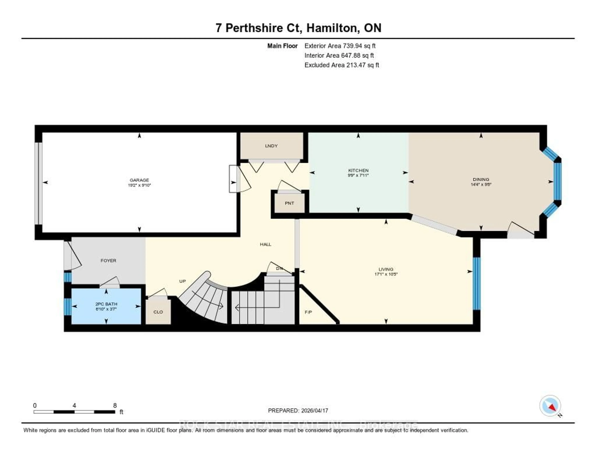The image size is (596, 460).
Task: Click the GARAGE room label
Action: [139, 180]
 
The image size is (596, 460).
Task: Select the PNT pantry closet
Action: [289, 203]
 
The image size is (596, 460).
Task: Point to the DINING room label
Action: [481, 179]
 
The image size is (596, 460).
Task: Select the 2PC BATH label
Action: [106, 304]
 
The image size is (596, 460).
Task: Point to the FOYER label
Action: [108, 261]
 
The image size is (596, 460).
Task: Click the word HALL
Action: [265, 244]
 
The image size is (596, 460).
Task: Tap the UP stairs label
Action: [182, 281]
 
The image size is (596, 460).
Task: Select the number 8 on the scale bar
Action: [115, 405]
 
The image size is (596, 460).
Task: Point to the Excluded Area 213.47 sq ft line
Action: [341, 65]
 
